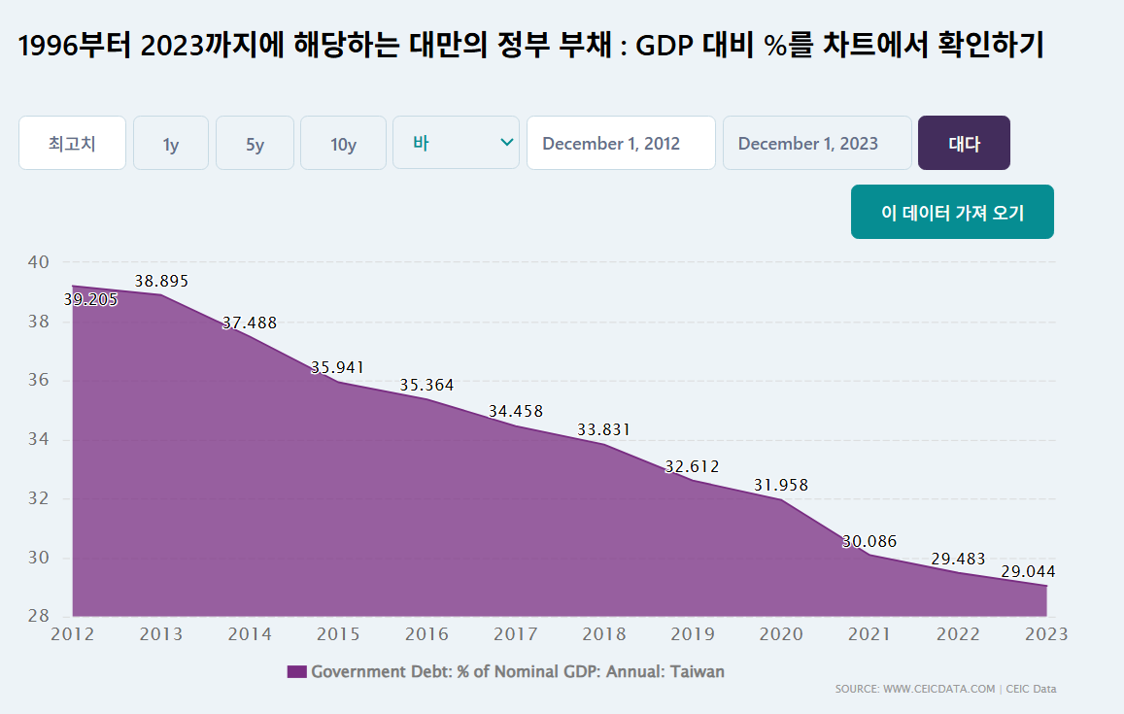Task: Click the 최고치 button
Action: [72, 144]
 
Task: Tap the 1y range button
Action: [171, 144]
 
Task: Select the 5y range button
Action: [255, 144]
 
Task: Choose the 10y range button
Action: [343, 144]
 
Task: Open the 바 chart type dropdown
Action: [456, 143]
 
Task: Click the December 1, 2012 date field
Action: [621, 144]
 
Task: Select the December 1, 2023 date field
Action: [817, 144]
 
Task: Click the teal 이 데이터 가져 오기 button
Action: [952, 212]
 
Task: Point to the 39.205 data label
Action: [90, 299]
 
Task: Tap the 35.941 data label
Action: [337, 367]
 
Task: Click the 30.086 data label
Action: [869, 541]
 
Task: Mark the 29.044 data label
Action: [1028, 571]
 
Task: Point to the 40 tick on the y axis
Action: [38, 261]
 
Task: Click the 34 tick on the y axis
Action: [38, 439]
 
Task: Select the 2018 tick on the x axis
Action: [604, 634]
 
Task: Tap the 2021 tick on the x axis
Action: [869, 634]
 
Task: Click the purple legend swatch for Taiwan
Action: [296, 671]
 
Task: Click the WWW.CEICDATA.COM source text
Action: [938, 689]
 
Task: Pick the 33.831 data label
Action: [603, 428]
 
